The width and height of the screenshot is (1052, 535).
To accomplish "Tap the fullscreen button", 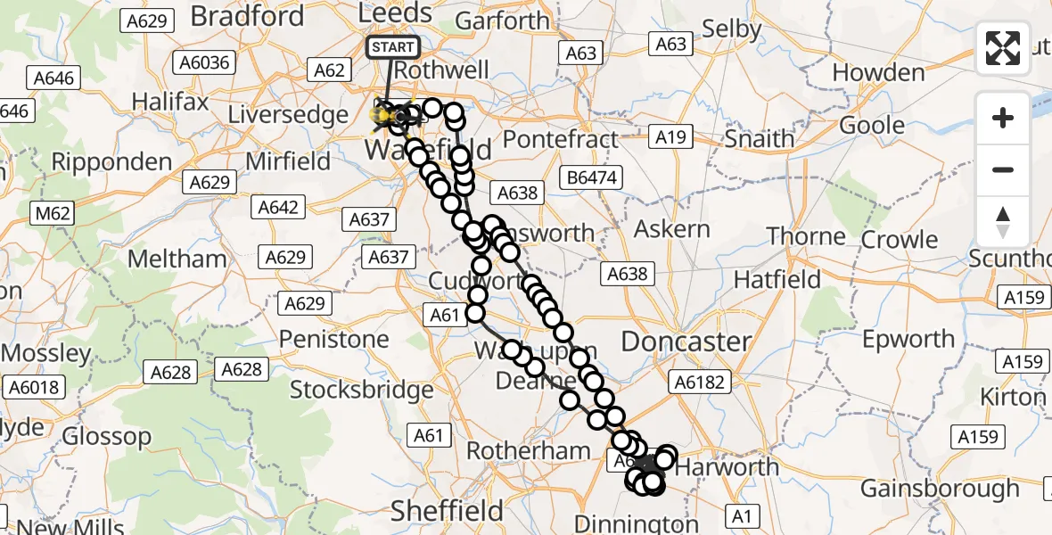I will coord(1003,48).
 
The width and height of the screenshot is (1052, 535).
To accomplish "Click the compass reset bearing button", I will coord(1003,221).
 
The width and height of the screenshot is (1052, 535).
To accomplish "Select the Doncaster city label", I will coord(686,342).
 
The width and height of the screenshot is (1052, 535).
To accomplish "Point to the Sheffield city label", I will coord(448,511).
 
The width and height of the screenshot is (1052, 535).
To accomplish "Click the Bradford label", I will coord(247,15).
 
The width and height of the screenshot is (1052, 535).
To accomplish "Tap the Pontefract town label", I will coord(561,139).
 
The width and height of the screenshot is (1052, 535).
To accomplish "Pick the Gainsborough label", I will coord(940,489).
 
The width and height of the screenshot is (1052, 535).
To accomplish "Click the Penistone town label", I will coord(334,339).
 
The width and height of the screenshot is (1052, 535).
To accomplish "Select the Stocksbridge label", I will coord(362,390).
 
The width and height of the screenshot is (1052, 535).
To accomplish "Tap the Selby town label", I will coord(732,29).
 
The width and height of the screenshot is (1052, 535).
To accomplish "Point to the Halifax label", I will coord(170,102).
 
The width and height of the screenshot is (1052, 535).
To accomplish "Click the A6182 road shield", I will coord(703,383).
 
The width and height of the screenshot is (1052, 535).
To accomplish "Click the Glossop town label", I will coord(107,436).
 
